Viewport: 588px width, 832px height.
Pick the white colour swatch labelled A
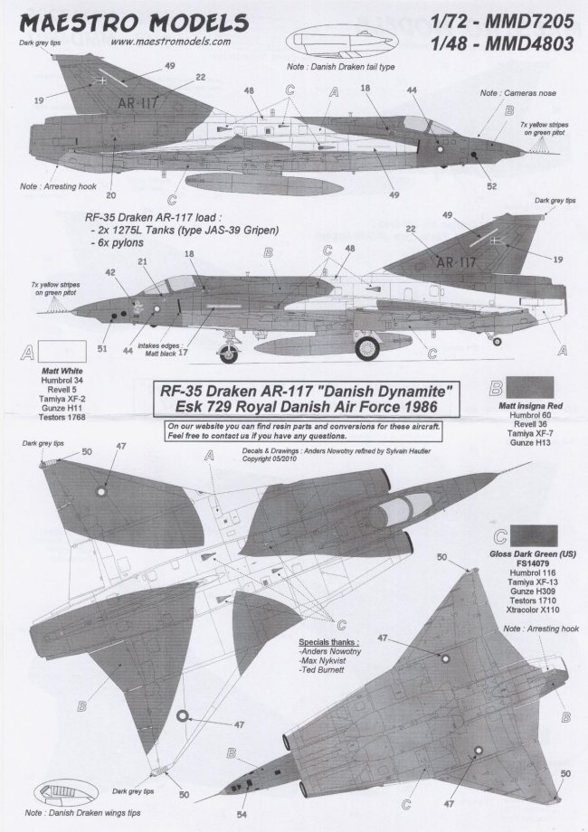tap(62, 354)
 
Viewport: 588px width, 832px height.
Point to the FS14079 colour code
tap(531, 562)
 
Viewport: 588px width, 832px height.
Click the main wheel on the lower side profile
tap(370, 345)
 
